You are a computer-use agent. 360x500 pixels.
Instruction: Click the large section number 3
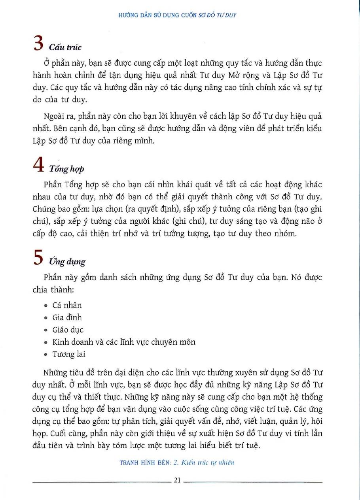[x=38, y=43]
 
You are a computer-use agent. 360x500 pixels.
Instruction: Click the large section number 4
[x=38, y=166]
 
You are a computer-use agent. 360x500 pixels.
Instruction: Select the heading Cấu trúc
[x=65, y=47]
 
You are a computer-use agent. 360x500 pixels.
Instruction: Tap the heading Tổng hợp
[x=67, y=169]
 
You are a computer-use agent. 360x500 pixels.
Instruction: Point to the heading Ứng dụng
[x=67, y=262]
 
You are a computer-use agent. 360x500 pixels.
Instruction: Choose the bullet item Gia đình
[x=67, y=317]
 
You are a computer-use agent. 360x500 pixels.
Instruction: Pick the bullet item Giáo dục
[x=68, y=330]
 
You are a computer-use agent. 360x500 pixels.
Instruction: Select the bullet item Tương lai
[x=69, y=354]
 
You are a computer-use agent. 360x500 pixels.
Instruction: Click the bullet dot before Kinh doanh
[x=47, y=342]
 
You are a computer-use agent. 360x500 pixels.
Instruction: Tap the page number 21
[x=177, y=480]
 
